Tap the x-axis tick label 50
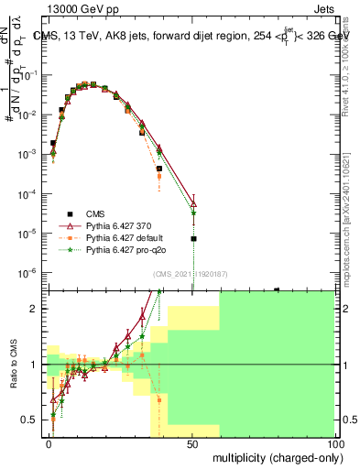pyautogui.click(x=192, y=443)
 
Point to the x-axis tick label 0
pyautogui.click(x=49, y=443)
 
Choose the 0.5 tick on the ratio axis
pyautogui.click(x=33, y=420)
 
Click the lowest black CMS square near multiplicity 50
pyautogui.click(x=193, y=238)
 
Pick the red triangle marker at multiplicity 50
pyautogui.click(x=193, y=204)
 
